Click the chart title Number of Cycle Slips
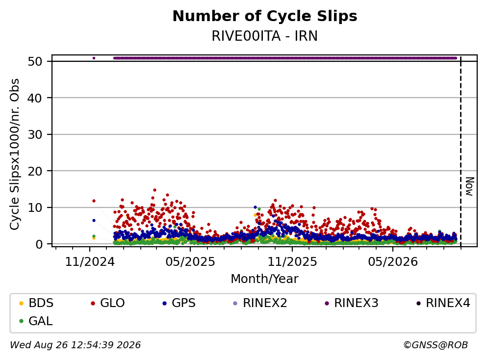pyautogui.click(x=265, y=16)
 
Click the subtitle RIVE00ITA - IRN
pyautogui.click(x=265, y=36)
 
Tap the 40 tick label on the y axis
pyautogui.click(x=35, y=98)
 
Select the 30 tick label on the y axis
pyautogui.click(x=35, y=134)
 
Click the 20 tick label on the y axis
pyautogui.click(x=35, y=171)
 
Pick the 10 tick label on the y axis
pyautogui.click(x=35, y=207)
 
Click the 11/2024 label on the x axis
pyautogui.click(x=90, y=262)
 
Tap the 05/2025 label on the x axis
pyautogui.click(x=190, y=262)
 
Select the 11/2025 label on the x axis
pyautogui.click(x=292, y=262)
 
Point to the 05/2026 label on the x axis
pyautogui.click(x=393, y=262)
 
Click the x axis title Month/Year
pyautogui.click(x=265, y=279)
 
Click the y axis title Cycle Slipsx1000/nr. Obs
pyautogui.click(x=14, y=154)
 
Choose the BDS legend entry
pyautogui.click(x=36, y=303)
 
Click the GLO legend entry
pyautogui.click(x=107, y=303)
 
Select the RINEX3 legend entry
pyautogui.click(x=352, y=303)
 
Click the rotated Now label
pyautogui.click(x=470, y=186)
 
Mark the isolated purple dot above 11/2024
pyautogui.click(x=94, y=58)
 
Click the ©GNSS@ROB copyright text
pyautogui.click(x=436, y=345)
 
